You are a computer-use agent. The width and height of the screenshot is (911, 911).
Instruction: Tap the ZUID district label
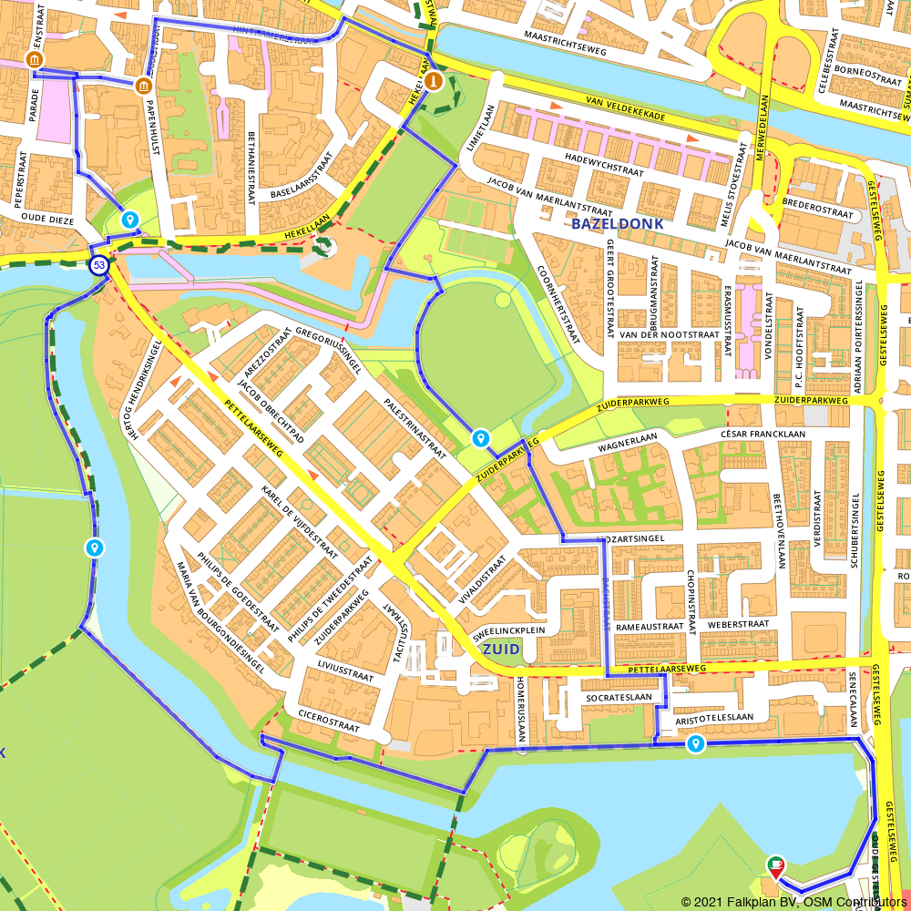point(500,649)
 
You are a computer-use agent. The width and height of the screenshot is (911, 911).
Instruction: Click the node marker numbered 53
point(98,265)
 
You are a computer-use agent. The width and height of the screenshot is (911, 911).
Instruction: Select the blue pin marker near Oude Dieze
point(130,220)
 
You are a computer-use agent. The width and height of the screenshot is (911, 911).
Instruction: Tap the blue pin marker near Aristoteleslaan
point(696,743)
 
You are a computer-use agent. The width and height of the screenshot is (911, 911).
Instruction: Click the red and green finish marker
point(775,865)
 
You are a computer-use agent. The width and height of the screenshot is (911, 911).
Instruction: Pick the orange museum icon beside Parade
point(35,61)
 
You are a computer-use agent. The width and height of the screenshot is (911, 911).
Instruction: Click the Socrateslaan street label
point(619,697)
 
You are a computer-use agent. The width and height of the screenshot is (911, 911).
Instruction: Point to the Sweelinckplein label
point(508,629)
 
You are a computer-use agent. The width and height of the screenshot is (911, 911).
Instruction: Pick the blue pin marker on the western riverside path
point(94,548)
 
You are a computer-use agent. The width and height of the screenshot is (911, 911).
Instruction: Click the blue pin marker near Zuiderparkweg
point(480,439)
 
